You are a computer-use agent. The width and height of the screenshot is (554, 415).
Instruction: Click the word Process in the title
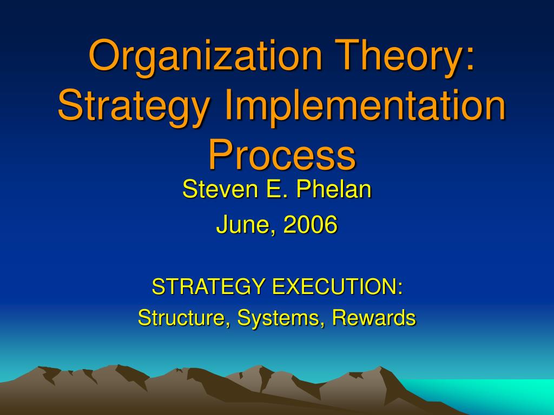pos(282,154)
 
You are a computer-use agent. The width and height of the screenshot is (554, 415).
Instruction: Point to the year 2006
pos(310,224)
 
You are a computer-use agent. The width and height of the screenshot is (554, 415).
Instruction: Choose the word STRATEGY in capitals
pos(208,286)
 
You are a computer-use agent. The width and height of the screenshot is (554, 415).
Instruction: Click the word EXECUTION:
pos(338,286)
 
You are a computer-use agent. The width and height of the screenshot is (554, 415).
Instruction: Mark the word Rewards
pos(374,317)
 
